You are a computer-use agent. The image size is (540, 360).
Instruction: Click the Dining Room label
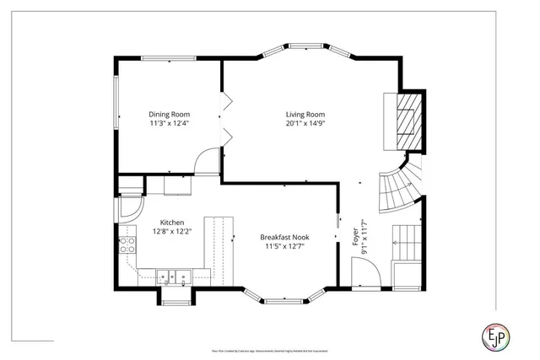click(x=170, y=114)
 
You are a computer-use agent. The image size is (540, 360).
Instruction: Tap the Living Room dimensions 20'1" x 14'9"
click(x=305, y=124)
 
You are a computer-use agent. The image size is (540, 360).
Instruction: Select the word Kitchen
click(x=166, y=223)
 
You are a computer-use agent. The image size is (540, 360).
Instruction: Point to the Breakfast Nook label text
click(x=287, y=238)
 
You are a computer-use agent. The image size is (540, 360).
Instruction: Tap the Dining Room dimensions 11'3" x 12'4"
click(x=170, y=124)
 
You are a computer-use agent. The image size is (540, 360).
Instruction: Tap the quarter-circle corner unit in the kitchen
click(x=131, y=207)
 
